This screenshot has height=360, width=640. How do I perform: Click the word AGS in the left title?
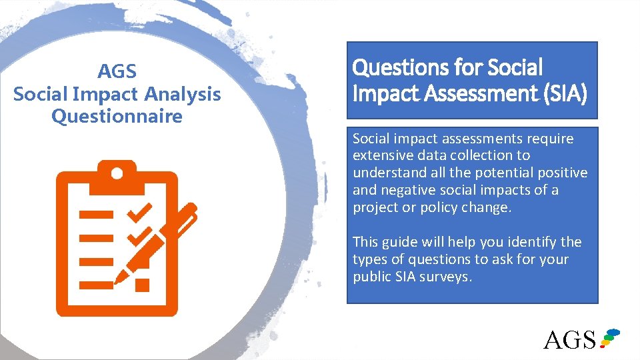click(117, 71)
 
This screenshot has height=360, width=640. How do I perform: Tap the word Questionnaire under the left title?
click(117, 116)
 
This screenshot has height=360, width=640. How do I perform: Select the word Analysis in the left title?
click(185, 94)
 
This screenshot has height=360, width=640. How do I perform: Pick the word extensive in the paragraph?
click(379, 155)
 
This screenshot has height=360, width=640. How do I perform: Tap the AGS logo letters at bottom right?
click(569, 339)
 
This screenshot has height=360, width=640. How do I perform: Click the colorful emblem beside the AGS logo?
click(609, 337)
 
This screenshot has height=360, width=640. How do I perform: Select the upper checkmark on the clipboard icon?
click(140, 213)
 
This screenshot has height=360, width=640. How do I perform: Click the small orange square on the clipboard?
click(142, 285)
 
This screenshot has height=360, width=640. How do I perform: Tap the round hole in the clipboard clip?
click(117, 174)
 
